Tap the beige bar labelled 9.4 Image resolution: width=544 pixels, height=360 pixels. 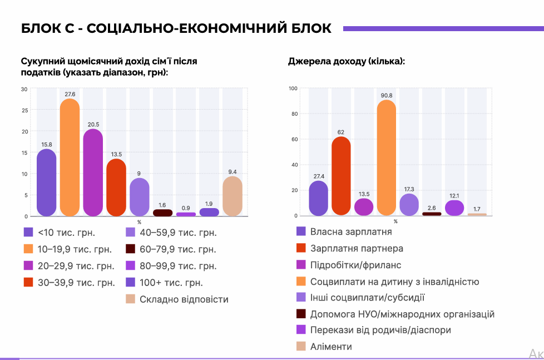coord(233,196)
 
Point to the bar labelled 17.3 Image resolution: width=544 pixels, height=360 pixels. coord(409,204)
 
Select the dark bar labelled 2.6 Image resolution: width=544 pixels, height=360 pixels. coord(432,214)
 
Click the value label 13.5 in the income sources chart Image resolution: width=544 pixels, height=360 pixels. coord(364,194)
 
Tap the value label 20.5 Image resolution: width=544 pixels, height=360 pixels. coord(93,124)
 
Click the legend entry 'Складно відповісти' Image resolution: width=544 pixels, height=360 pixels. coord(184,299)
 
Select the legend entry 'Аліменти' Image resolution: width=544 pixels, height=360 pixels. coord(331,347)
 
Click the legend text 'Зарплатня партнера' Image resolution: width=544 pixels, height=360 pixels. coord(357,249)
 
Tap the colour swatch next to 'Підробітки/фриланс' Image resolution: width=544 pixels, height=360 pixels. coord(301,265)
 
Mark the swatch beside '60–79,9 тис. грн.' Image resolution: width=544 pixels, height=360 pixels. coord(131,249)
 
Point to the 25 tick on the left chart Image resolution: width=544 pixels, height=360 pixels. coord(24,110)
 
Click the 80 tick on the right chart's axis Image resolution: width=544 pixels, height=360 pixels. coord(295,114)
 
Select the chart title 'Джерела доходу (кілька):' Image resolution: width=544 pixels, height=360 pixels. coord(346,61)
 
